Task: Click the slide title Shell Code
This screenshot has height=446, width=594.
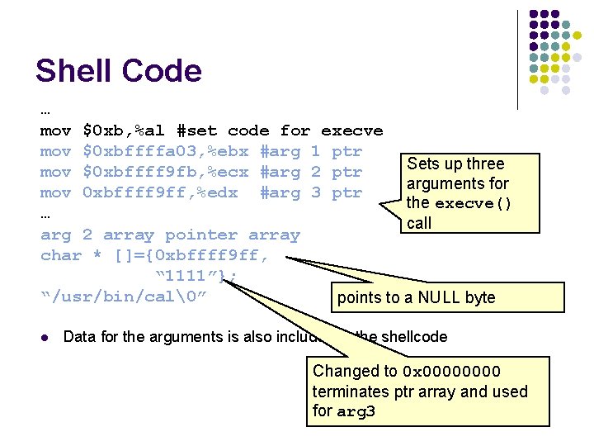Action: click(x=118, y=71)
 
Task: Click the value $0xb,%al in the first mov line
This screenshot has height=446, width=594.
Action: click(x=125, y=130)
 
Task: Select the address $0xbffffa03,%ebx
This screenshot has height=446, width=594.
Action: click(x=166, y=151)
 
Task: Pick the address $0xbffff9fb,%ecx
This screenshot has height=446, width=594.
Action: click(x=166, y=172)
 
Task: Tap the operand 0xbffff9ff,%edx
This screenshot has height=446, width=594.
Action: click(x=160, y=192)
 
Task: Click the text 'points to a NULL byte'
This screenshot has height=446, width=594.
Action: click(x=416, y=297)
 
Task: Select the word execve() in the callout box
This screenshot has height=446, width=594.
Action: click(x=473, y=203)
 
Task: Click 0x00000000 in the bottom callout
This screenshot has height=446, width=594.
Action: click(x=451, y=372)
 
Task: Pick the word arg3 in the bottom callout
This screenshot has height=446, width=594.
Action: click(x=356, y=411)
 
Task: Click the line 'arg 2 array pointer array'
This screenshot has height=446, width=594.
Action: click(x=170, y=235)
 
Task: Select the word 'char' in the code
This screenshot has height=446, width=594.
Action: click(x=61, y=255)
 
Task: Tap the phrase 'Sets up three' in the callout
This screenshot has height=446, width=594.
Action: click(x=455, y=164)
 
